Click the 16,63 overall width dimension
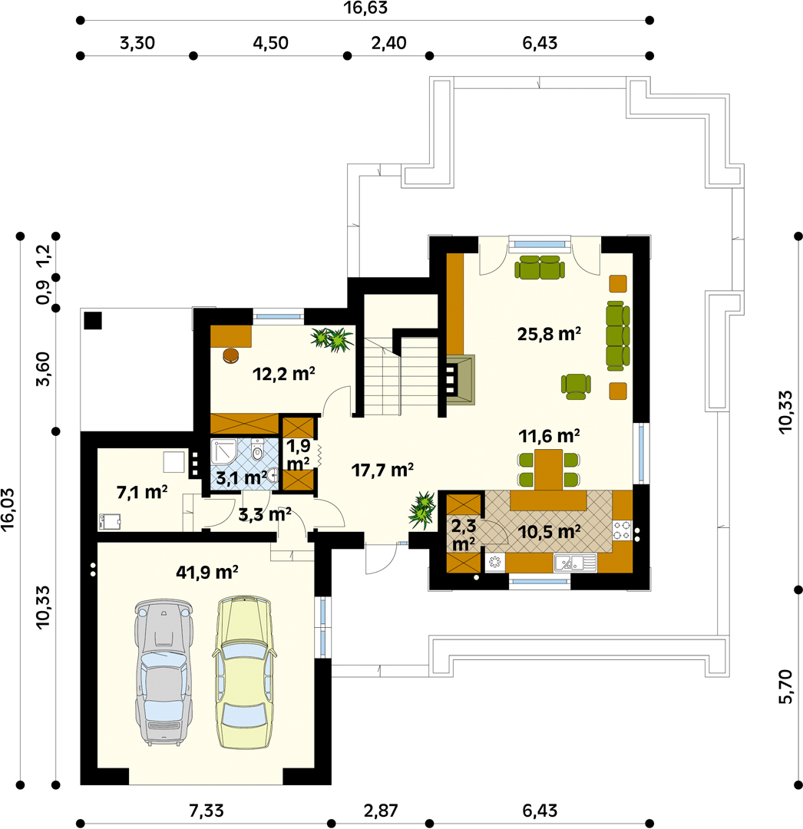(x=365, y=8)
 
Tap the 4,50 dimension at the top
(x=270, y=43)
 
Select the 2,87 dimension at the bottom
(x=381, y=811)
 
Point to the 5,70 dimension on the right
(x=786, y=686)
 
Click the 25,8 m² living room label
(x=549, y=334)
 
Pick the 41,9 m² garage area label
(x=207, y=572)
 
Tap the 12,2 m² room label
(x=284, y=374)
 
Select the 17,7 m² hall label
(x=382, y=470)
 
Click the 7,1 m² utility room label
(x=142, y=492)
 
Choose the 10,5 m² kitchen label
(x=549, y=532)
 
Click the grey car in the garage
(x=163, y=672)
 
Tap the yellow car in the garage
(x=244, y=672)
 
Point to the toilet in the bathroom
(x=257, y=450)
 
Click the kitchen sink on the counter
(x=575, y=563)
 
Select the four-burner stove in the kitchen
(x=622, y=530)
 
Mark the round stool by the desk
(x=231, y=356)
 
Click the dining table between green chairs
(x=548, y=470)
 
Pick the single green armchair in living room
(x=576, y=386)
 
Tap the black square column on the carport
(x=93, y=321)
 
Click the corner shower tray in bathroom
(x=223, y=452)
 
